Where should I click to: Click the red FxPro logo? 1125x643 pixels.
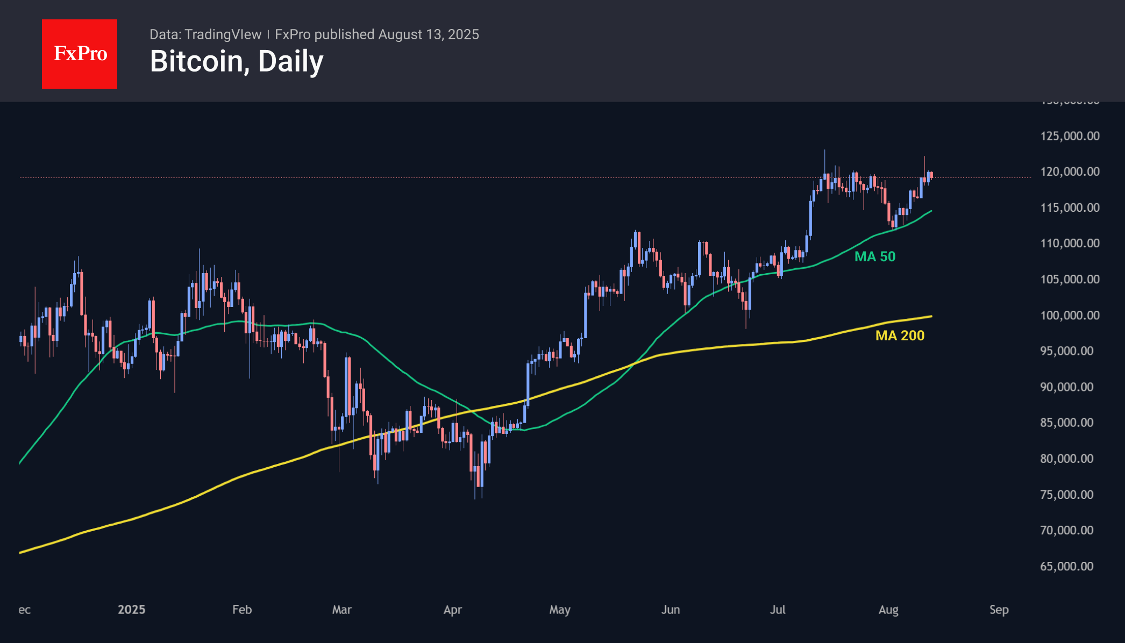coord(80,54)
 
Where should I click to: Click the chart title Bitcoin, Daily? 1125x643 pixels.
coord(237,61)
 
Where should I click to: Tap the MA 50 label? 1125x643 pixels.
coord(875,256)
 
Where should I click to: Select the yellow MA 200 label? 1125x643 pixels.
coord(900,335)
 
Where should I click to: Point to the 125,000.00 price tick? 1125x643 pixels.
coord(1070,136)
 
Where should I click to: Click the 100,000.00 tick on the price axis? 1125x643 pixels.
coord(1070,315)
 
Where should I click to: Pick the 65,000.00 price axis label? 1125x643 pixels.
coord(1066,566)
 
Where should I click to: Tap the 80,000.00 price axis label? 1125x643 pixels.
coord(1066,459)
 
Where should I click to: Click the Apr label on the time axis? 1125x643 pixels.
coord(453,610)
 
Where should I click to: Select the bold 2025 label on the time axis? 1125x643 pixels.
coord(132,610)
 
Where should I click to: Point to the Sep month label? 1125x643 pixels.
coord(999,610)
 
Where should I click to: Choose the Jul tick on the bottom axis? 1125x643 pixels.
coord(778,610)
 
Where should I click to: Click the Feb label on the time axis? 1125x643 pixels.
coord(242,610)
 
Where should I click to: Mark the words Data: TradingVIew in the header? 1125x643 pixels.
coord(205,34)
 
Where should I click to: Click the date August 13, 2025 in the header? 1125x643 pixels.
coord(428,34)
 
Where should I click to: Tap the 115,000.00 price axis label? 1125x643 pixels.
coord(1070,208)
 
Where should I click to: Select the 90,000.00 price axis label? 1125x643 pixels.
coord(1066,387)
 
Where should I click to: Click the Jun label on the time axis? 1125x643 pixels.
coord(671,610)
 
